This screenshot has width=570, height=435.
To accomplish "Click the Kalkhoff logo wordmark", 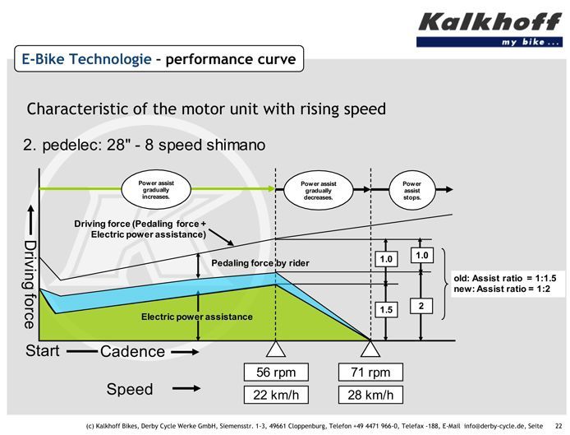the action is (490, 22).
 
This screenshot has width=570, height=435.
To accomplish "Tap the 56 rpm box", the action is (276, 372).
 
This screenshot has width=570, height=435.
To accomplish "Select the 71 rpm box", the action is (370, 372).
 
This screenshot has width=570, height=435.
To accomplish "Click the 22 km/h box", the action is (276, 395).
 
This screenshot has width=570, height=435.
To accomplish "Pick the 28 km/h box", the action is (370, 395).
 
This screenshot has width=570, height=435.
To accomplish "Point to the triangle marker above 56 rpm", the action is (276, 349).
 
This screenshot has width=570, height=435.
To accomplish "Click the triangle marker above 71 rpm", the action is (370, 349).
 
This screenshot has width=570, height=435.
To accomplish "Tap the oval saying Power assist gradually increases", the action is (156, 190).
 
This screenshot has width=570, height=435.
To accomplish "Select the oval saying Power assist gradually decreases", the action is (319, 191).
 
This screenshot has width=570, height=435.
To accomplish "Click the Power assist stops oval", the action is (411, 191).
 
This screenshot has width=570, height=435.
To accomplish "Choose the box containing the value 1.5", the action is (386, 310).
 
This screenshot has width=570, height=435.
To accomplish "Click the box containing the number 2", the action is (421, 306).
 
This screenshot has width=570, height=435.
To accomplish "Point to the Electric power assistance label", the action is (196, 317).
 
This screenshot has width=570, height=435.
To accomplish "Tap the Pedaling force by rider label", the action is (260, 263).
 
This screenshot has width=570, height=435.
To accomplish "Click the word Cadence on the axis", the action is (132, 352).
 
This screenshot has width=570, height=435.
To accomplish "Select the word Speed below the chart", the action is (130, 389).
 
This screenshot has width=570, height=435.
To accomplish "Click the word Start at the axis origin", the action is (42, 351).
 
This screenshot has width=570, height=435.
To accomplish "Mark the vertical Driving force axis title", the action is (30, 285).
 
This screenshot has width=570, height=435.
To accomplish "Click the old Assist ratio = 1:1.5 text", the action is (505, 279).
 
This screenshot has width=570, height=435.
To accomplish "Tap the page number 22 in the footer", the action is (559, 426).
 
